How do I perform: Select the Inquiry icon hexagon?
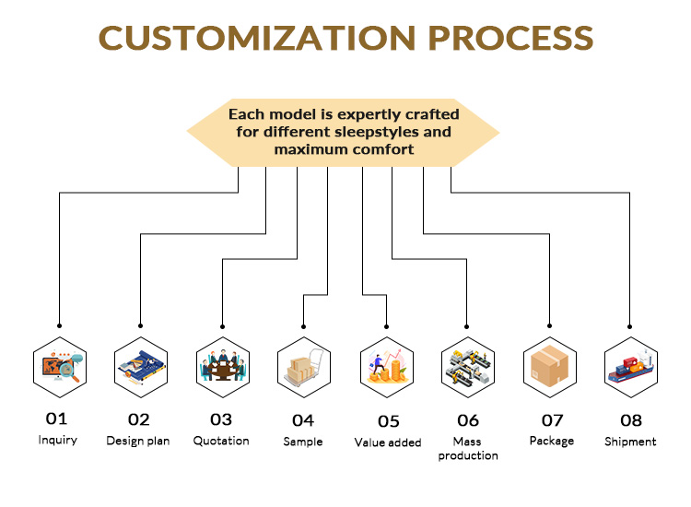[x=59, y=367]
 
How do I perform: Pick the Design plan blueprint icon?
[x=141, y=367]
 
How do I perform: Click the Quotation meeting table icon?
[x=222, y=367]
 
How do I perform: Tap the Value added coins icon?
[x=387, y=367]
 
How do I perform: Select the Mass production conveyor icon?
[x=468, y=367]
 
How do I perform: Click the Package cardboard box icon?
[x=550, y=367]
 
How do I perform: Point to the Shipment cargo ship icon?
[x=631, y=367]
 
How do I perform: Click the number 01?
[x=57, y=419]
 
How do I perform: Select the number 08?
[x=630, y=420]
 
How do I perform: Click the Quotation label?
[x=221, y=441]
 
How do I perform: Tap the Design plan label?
[x=138, y=441]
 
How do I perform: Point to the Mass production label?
[x=468, y=449]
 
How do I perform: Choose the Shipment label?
[x=630, y=442]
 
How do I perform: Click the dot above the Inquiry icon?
[x=59, y=325]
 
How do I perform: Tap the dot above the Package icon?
[x=550, y=325]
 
